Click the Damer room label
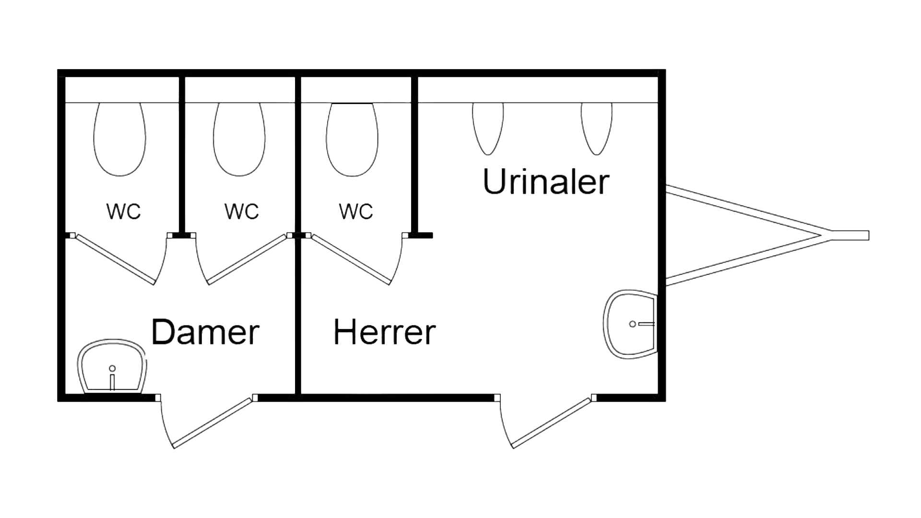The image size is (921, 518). pos(205,332)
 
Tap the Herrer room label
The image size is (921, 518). pos(385,332)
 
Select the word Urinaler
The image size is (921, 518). pos(546,182)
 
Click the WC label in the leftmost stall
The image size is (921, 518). pos(124,211)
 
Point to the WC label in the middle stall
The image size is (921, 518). pos(242,211)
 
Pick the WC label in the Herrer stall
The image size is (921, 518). pos(356,211)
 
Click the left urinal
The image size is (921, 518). pos(488,128)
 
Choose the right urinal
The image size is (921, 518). pos(597,128)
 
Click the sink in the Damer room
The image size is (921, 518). pos(113,367)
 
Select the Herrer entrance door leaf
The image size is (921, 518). pos(553,422)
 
